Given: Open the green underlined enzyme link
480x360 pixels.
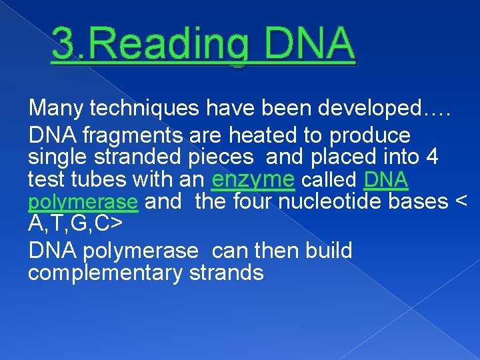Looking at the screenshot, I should point(253,180).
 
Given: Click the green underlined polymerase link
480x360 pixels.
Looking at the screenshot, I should point(83,202).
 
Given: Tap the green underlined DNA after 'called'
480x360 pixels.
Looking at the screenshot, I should point(387,180).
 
